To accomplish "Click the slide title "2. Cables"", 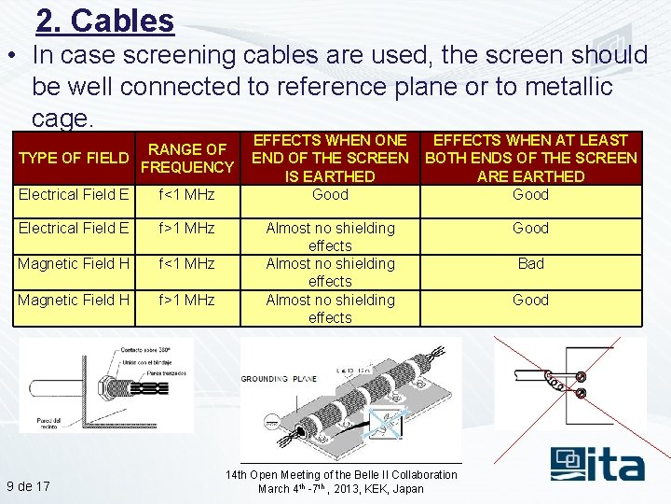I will pyautogui.click(x=104, y=21).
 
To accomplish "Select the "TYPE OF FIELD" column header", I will pyautogui.click(x=74, y=158).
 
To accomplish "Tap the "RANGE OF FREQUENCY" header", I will pyautogui.click(x=187, y=158).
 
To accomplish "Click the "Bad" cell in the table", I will pyautogui.click(x=530, y=263).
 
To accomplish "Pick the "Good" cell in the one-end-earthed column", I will pyautogui.click(x=330, y=194).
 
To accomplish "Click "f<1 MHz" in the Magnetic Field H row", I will pyautogui.click(x=186, y=263).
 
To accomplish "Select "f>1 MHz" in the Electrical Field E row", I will pyautogui.click(x=186, y=228).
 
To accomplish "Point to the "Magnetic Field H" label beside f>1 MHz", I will pyautogui.click(x=74, y=300).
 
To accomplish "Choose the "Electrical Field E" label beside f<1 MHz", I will pyautogui.click(x=74, y=194).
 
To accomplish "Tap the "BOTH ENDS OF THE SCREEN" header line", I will pyautogui.click(x=530, y=158).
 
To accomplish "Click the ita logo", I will pyautogui.click(x=596, y=464).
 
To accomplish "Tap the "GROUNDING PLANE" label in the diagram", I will pyautogui.click(x=280, y=379).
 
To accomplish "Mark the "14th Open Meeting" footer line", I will pyautogui.click(x=341, y=474).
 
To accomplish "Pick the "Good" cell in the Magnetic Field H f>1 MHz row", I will pyautogui.click(x=530, y=300).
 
